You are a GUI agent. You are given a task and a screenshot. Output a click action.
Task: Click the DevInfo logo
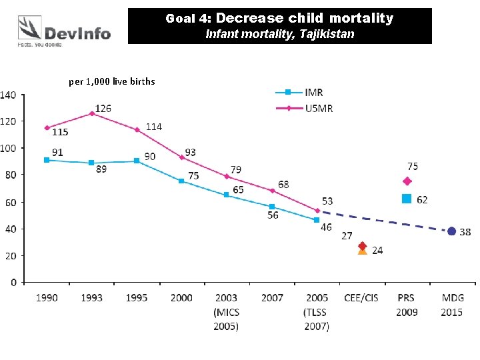64,30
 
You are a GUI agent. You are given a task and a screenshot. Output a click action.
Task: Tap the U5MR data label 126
103,107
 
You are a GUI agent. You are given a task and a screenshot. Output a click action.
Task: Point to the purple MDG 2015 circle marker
452,231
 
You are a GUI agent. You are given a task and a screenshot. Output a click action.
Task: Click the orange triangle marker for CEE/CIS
363,251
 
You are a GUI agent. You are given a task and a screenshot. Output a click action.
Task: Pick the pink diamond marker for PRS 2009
407,181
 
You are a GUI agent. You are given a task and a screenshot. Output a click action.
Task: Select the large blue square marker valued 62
407,199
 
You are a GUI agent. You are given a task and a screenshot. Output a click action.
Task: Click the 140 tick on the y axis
9,95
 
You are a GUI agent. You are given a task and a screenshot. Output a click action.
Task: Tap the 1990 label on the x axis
46,298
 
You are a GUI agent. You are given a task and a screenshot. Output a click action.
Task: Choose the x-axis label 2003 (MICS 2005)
226,312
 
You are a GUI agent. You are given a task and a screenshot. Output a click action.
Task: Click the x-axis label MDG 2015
452,305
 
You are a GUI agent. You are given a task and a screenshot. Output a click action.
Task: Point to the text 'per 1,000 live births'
112,81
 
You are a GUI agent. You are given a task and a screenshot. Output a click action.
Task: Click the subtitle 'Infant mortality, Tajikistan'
279,33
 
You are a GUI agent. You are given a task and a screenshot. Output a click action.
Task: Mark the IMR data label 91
57,152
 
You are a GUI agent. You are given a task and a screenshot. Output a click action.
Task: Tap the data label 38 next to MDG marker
465,232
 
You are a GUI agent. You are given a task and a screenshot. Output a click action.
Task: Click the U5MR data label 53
327,201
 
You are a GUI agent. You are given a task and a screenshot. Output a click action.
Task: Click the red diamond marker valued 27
363,246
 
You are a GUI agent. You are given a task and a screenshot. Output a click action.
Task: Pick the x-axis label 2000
181,298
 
